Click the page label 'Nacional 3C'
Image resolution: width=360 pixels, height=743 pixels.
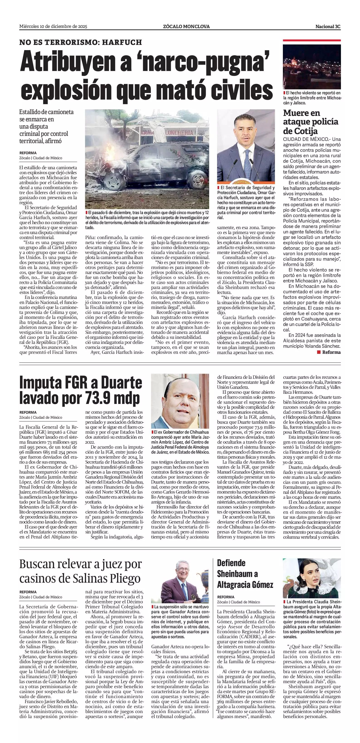[328, 27]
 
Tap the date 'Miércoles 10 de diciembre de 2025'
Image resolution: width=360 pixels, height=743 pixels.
[53, 27]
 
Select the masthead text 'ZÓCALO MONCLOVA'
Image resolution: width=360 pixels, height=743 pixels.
[186, 27]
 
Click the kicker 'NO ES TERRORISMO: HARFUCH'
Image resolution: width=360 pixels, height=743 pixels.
[81, 42]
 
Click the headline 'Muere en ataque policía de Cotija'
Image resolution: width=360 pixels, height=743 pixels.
[310, 122]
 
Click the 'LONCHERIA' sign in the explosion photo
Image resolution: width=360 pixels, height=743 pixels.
[179, 133]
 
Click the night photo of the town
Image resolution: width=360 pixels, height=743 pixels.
[311, 67]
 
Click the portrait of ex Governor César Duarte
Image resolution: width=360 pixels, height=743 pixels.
[180, 401]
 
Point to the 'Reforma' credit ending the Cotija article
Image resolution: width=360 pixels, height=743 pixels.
[331, 352]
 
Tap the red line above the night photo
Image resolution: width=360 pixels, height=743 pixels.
[311, 40]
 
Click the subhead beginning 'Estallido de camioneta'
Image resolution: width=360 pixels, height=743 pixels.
[46, 126]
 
